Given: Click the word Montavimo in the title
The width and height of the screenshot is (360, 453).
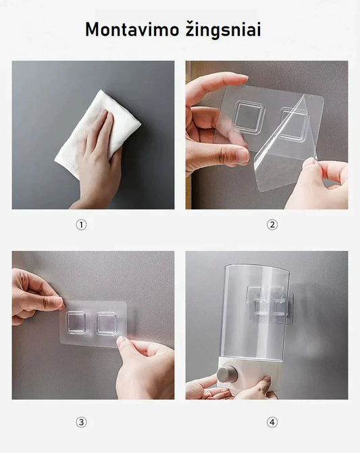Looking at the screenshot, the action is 132,30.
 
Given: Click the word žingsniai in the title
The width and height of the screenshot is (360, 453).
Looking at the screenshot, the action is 223,30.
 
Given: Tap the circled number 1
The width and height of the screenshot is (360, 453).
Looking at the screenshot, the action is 82,224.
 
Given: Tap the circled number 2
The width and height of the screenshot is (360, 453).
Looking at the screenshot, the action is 272,224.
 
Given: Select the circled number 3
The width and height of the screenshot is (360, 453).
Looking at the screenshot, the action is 82,423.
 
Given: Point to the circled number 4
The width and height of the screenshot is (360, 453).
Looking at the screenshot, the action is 272,423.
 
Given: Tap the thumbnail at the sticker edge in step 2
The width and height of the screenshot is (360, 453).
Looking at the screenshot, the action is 242,156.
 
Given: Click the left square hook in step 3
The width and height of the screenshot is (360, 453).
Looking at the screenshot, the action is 76,323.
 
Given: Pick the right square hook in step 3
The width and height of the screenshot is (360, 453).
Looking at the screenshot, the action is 107,323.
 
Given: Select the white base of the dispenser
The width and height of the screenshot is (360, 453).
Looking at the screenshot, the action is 249,375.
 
